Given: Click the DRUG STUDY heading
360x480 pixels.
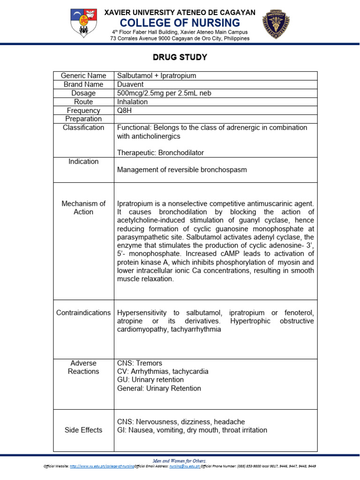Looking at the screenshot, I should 180,58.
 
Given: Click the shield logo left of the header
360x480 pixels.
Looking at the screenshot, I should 84,22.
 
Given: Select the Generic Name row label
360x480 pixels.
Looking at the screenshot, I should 83,75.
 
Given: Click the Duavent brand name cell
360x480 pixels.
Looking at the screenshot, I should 131,84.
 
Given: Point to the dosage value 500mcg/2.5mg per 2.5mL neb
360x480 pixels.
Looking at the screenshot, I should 164,93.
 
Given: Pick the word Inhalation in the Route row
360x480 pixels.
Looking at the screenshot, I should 132,102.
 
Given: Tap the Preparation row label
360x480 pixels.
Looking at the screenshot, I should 83,119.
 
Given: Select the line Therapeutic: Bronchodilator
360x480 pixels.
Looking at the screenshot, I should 160,153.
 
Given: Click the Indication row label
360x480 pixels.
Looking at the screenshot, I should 83,162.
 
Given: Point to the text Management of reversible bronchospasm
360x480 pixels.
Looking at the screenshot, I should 181,170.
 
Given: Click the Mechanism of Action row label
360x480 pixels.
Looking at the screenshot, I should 83,208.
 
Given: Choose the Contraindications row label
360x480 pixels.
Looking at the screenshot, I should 83,313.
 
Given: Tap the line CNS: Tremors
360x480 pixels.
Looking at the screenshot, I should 139,363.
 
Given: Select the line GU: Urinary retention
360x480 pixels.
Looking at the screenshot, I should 150,380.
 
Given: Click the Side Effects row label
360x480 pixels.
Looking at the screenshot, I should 83,430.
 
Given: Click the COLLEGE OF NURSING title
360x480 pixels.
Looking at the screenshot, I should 180,23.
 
